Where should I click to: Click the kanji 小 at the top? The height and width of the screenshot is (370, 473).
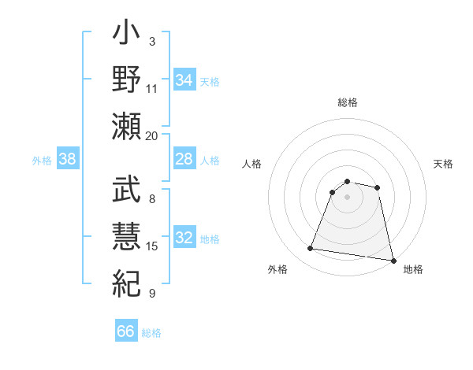tap(126, 36)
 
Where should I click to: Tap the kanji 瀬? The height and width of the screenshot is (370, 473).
tap(126, 125)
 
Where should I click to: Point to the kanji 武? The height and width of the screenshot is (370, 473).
tap(126, 191)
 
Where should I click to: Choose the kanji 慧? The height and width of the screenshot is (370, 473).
tap(126, 235)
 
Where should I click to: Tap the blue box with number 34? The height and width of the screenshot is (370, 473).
tap(184, 80)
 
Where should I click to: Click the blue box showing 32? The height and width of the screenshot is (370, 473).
tap(184, 239)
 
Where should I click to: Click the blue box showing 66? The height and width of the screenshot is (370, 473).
tap(126, 331)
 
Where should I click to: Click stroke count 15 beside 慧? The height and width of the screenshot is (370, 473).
tap(152, 246)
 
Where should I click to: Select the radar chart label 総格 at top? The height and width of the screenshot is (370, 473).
tap(348, 102)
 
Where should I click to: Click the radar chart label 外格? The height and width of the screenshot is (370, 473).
tap(277, 269)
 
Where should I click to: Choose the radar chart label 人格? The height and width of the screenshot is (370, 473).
tap(252, 164)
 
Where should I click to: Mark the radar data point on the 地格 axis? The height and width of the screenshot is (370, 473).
tap(392, 260)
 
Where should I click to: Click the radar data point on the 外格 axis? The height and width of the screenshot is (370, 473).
tap(311, 249)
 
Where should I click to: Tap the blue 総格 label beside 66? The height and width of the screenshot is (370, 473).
tap(151, 333)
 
